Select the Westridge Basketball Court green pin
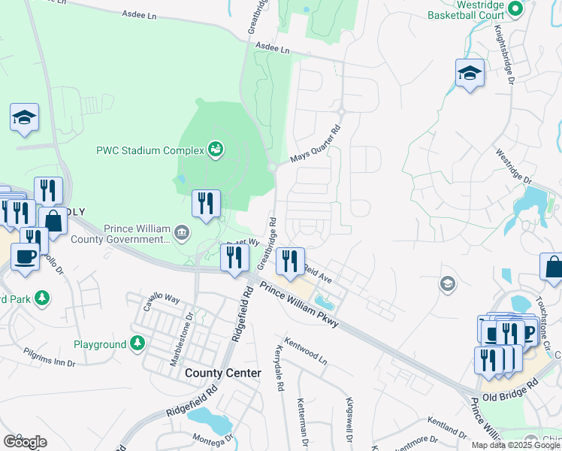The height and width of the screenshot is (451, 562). coord(515,9)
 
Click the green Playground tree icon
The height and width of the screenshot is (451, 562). coord(137,344)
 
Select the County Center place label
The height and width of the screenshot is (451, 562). coord(223,373)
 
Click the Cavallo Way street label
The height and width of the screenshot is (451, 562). coord(163,298)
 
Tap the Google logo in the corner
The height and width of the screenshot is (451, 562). coord(25,442)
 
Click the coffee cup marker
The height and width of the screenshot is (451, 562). coord(26,256)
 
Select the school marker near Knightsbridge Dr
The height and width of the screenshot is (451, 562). coord(470,73)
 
